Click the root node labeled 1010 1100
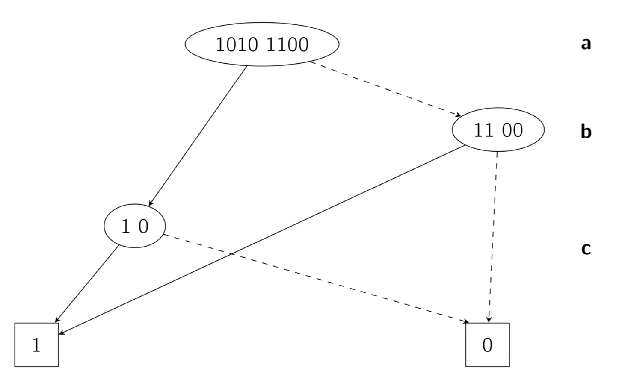click(262, 44)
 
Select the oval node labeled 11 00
click(498, 130)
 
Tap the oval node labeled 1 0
click(135, 226)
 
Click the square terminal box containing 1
click(36, 345)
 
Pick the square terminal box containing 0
click(487, 345)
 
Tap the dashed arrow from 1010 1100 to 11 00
click(385, 89)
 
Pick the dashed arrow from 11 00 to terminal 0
click(493, 237)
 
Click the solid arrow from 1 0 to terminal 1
click(88, 284)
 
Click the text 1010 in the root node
click(237, 44)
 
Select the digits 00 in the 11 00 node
click(512, 130)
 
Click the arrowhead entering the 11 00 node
click(458, 115)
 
